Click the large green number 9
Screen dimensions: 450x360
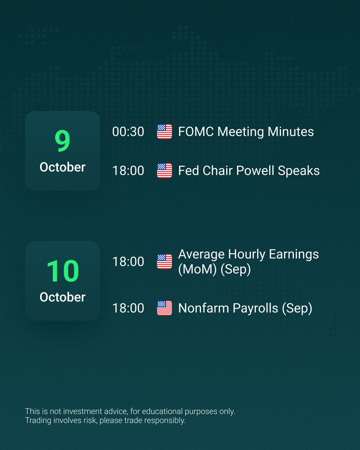tap(62, 141)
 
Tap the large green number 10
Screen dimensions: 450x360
tap(62, 271)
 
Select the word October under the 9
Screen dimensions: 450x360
tap(62, 167)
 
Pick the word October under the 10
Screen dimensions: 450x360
tap(62, 297)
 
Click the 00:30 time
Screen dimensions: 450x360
tap(128, 132)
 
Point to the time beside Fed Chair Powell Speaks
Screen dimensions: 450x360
tap(128, 171)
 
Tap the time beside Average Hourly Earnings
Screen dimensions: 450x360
tap(128, 261)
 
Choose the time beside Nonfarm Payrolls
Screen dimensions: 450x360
tap(128, 308)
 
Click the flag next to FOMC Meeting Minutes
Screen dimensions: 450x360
tap(164, 132)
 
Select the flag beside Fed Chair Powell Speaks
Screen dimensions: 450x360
tap(164, 171)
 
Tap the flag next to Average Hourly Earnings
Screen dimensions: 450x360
tap(164, 261)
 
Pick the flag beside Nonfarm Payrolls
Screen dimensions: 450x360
tap(164, 308)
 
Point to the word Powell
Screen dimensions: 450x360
tap(255, 171)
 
